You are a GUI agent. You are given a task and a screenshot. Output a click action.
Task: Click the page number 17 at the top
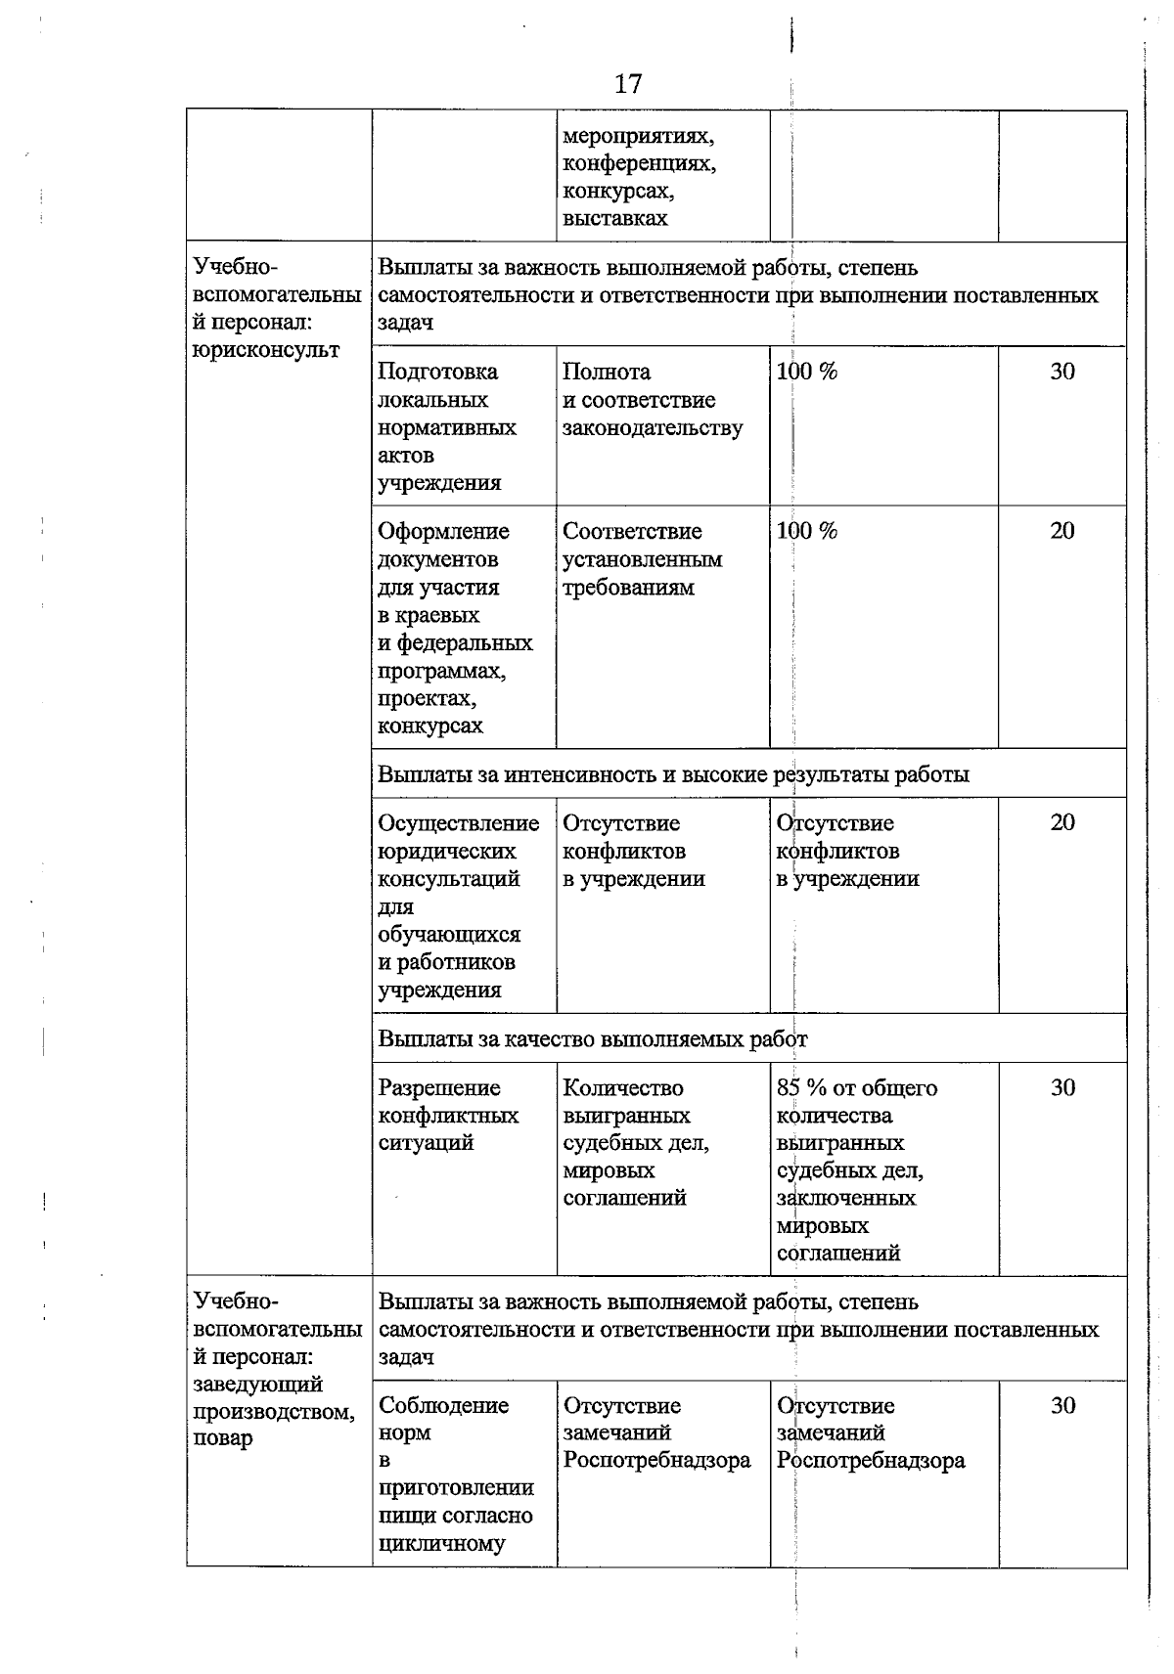point(628,84)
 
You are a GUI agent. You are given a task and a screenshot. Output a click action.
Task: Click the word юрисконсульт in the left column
point(266,350)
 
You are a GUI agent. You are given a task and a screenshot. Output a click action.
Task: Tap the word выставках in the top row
point(615,218)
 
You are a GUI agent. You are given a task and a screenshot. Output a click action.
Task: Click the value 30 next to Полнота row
point(1062,372)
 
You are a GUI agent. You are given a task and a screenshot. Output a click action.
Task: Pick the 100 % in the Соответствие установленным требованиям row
point(806,531)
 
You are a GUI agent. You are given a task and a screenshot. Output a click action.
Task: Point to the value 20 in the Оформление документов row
point(1062,531)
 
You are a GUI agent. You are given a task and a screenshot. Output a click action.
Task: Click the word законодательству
point(653,427)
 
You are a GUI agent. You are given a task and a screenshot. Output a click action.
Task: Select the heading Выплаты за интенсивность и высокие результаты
point(673,774)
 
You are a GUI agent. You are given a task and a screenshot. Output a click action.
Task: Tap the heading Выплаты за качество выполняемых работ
point(593,1038)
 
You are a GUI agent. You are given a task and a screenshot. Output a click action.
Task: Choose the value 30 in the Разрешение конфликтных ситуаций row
point(1062,1087)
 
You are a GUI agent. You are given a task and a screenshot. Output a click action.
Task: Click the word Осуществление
point(459,823)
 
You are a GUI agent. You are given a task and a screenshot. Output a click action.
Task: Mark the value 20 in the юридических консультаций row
point(1062,822)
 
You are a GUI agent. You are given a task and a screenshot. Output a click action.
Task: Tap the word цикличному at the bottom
point(442,1544)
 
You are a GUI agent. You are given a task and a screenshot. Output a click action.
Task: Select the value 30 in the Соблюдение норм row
point(1062,1405)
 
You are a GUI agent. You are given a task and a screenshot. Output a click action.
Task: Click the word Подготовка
point(437,372)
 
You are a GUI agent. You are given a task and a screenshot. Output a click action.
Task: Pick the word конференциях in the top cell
point(639,163)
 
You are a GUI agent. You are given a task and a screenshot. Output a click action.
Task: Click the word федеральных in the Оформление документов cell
point(465,643)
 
